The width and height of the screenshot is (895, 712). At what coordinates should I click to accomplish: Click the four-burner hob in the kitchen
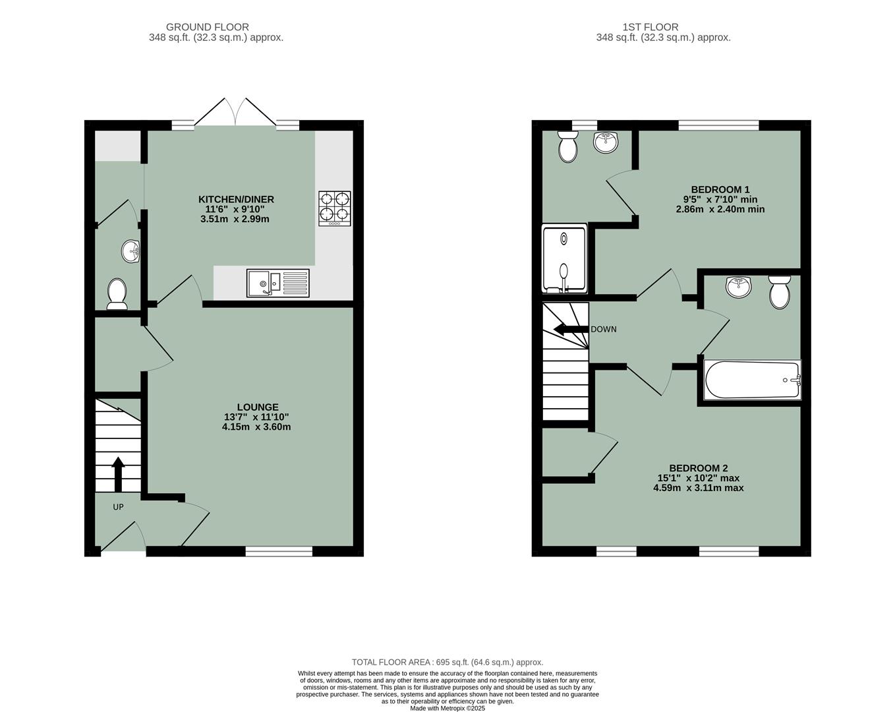pyautogui.click(x=335, y=208)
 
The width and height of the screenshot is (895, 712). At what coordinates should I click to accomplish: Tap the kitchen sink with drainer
pyautogui.click(x=277, y=283)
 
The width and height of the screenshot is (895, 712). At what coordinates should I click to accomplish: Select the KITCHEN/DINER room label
pyautogui.click(x=236, y=199)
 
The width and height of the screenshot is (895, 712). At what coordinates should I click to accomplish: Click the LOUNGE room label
pyautogui.click(x=258, y=407)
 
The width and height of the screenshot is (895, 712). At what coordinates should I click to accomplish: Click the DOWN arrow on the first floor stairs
pyautogui.click(x=571, y=329)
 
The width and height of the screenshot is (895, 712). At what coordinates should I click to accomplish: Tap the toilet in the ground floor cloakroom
pyautogui.click(x=117, y=293)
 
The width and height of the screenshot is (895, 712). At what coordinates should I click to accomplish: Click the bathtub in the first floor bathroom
pyautogui.click(x=752, y=380)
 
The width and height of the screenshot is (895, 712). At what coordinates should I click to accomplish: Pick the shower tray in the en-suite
pyautogui.click(x=563, y=259)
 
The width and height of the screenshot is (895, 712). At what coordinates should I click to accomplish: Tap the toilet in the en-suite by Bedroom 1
pyautogui.click(x=567, y=146)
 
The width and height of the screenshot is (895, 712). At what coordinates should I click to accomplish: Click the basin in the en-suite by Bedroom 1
pyautogui.click(x=606, y=142)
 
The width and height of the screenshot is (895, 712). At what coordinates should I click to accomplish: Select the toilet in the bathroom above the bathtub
pyautogui.click(x=779, y=292)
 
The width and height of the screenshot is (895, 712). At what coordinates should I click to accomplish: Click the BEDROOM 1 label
pyautogui.click(x=720, y=189)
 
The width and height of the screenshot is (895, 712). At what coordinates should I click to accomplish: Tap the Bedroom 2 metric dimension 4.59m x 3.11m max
pyautogui.click(x=698, y=488)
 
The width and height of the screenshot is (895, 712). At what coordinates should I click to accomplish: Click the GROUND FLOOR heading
pyautogui.click(x=207, y=27)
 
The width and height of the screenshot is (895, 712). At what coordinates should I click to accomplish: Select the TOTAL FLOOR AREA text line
pyautogui.click(x=447, y=662)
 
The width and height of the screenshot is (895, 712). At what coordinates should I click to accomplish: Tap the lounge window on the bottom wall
pyautogui.click(x=279, y=551)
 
